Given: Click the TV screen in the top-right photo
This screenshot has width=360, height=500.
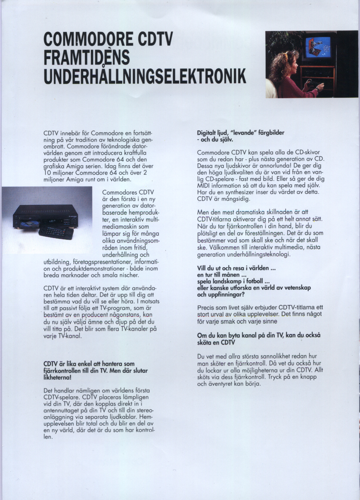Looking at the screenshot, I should [x=318, y=47].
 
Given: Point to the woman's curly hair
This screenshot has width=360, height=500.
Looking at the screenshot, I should [x=281, y=64].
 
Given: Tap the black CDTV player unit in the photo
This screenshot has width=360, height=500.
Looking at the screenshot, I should [x=45, y=216].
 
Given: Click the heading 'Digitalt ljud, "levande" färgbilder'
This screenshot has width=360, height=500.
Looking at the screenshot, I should [x=240, y=133].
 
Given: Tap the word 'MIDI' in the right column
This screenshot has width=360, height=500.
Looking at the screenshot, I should [x=204, y=185].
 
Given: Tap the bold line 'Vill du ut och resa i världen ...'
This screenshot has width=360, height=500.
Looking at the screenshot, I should [x=236, y=268].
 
